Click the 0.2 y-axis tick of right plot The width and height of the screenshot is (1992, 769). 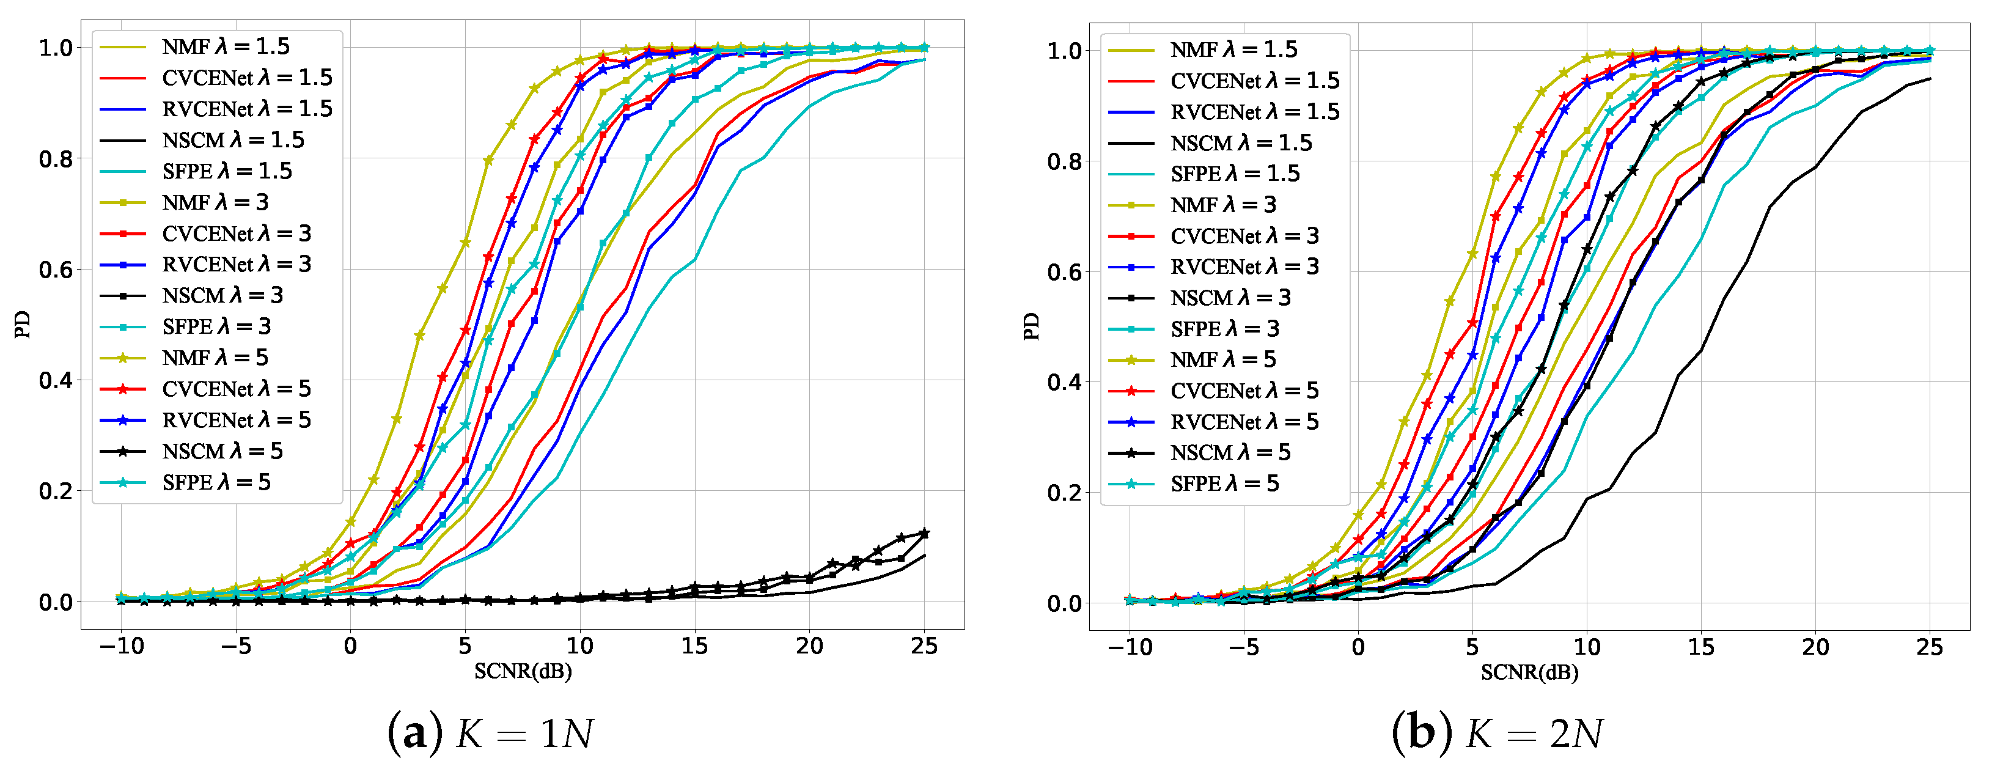pos(1064,493)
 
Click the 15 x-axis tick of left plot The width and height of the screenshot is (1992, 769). pos(694,646)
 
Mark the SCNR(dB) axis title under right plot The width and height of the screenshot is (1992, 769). pos(1529,672)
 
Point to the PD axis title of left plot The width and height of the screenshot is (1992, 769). pos(23,324)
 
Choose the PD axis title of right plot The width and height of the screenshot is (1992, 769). pos(1031,326)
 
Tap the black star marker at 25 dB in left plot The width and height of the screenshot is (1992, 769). pos(924,533)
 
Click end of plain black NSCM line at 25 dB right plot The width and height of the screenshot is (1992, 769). pos(1930,79)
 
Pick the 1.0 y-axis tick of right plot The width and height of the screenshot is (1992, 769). pos(1064,51)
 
